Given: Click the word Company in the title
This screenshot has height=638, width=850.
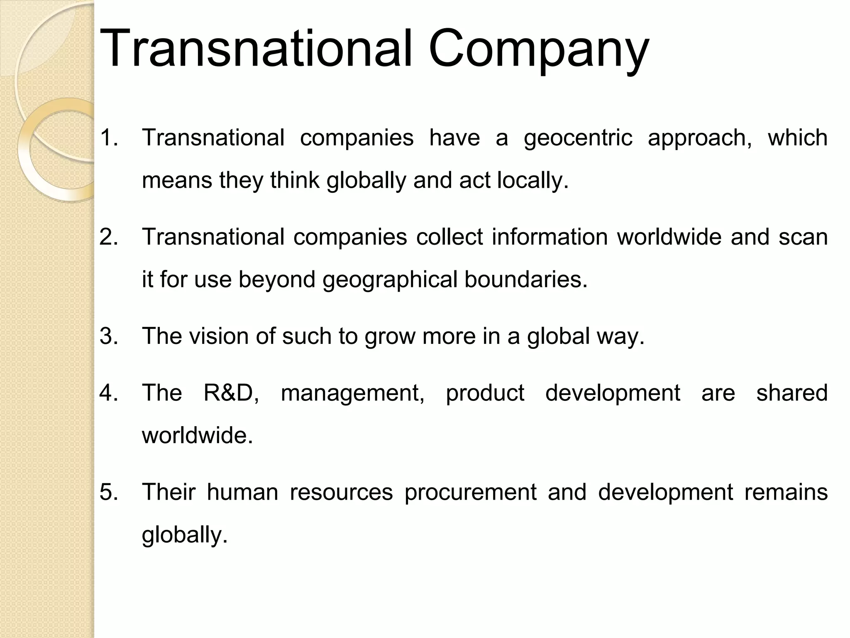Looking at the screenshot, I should (538, 50).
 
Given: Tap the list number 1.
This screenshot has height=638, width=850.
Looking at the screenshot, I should (109, 137).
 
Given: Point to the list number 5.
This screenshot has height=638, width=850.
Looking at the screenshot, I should (109, 492).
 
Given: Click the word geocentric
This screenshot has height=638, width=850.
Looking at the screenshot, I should (578, 138).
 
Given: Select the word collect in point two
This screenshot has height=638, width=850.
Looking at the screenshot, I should (449, 237).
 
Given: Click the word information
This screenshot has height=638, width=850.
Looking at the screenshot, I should (550, 237).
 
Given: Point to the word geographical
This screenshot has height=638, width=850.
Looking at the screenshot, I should (390, 280).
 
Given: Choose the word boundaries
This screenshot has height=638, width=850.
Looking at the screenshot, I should (526, 279).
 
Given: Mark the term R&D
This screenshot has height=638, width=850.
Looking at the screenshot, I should (231, 393).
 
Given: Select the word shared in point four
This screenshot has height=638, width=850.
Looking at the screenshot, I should (791, 393).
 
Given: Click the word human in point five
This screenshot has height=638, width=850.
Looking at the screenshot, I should (243, 492).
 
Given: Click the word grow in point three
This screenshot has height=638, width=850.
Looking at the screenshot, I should (390, 336).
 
